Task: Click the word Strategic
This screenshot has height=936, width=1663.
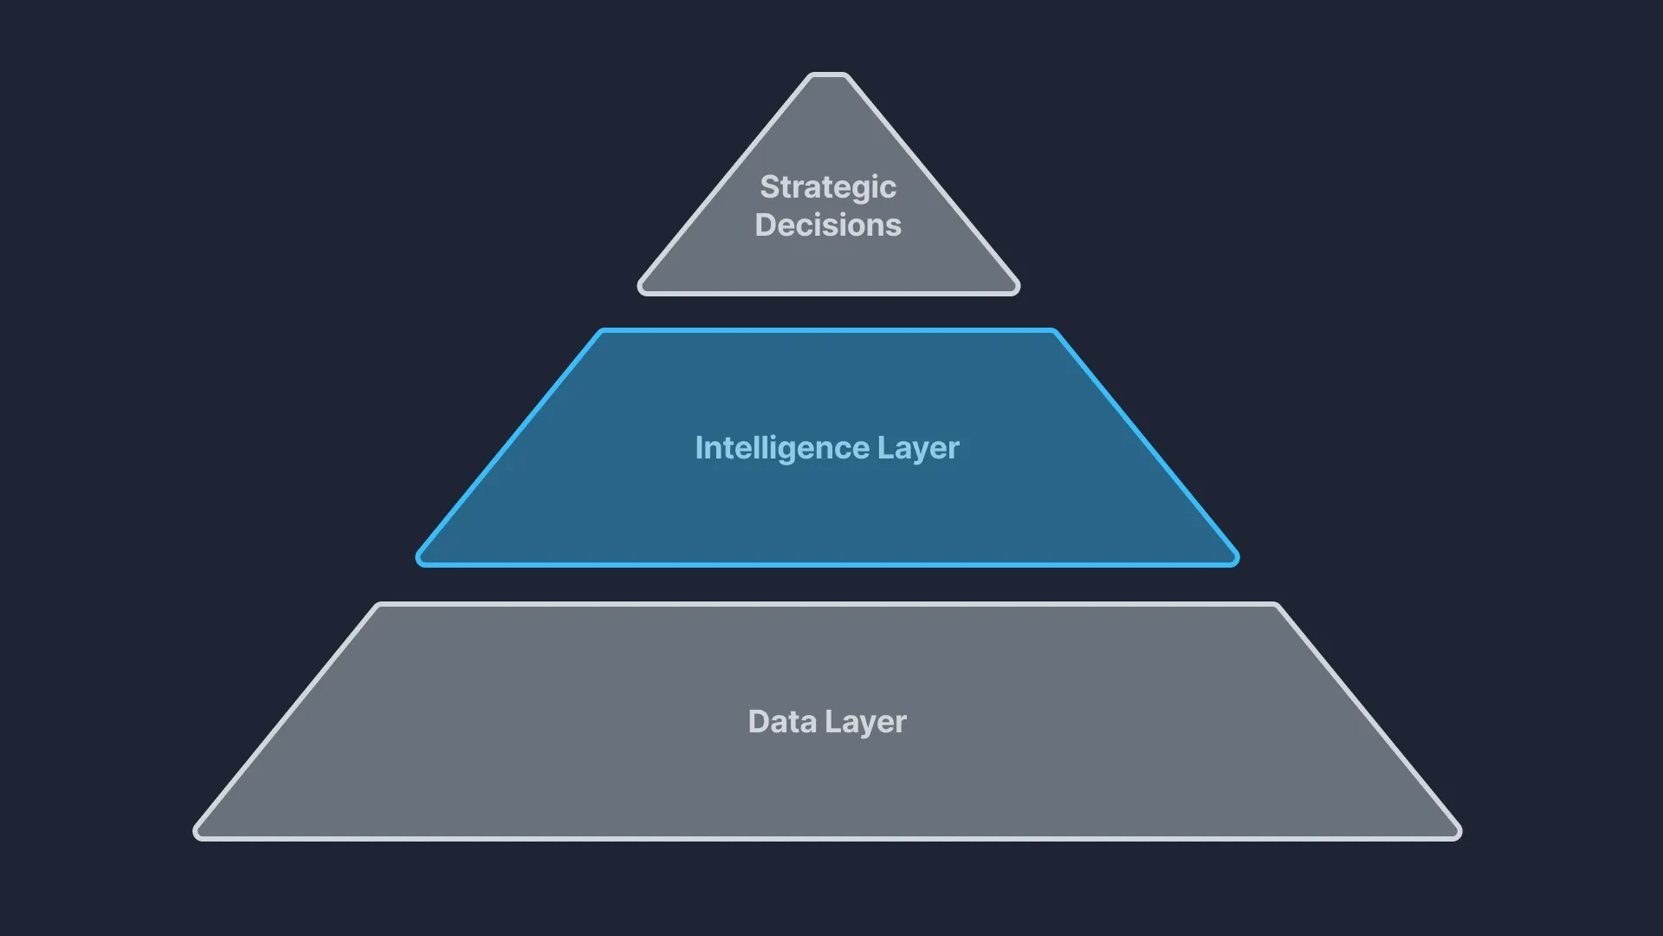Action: pyautogui.click(x=828, y=187)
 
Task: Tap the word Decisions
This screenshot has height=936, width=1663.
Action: pyautogui.click(x=828, y=225)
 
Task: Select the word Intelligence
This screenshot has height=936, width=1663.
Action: pyautogui.click(x=782, y=448)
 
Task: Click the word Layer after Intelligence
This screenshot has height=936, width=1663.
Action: pyautogui.click(x=918, y=448)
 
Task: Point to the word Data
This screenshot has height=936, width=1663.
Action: pyautogui.click(x=782, y=722)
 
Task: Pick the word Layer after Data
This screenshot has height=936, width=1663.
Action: pyautogui.click(x=865, y=722)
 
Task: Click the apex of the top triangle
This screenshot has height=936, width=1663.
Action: pyautogui.click(x=829, y=75)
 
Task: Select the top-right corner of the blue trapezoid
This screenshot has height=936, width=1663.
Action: pyautogui.click(x=1054, y=332)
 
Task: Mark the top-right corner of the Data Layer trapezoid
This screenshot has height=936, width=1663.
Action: pyautogui.click(x=1276, y=606)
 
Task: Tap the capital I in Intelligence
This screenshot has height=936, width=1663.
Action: pyautogui.click(x=699, y=448)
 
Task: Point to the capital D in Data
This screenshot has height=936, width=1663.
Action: pyautogui.click(x=759, y=722)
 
